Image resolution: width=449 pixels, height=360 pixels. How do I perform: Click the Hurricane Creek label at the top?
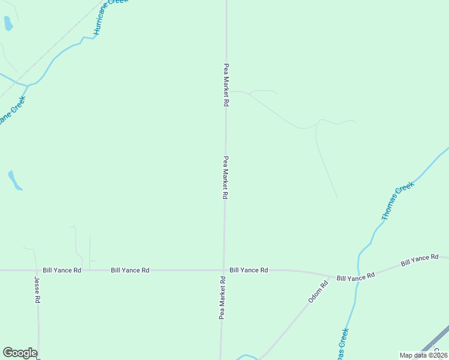(x=107, y=17)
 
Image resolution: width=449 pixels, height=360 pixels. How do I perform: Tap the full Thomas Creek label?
(x=398, y=200)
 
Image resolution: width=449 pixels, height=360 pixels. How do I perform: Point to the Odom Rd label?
(x=319, y=292)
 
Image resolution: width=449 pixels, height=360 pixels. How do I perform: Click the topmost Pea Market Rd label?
(x=226, y=85)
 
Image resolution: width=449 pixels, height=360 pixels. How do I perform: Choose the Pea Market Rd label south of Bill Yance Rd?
(x=222, y=297)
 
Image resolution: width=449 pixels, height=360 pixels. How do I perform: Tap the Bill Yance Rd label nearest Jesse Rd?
(x=62, y=271)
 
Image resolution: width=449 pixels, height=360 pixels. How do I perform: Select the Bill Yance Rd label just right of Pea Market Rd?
(x=249, y=271)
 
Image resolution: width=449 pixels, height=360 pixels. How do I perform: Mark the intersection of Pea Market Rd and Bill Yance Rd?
(x=224, y=271)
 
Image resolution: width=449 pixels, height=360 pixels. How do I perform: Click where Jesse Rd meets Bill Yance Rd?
(x=37, y=271)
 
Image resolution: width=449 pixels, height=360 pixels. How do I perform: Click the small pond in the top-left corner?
(x=8, y=23)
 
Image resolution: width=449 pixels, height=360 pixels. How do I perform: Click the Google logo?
(x=20, y=353)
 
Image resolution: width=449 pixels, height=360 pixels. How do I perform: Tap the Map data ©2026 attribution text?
(x=423, y=355)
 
